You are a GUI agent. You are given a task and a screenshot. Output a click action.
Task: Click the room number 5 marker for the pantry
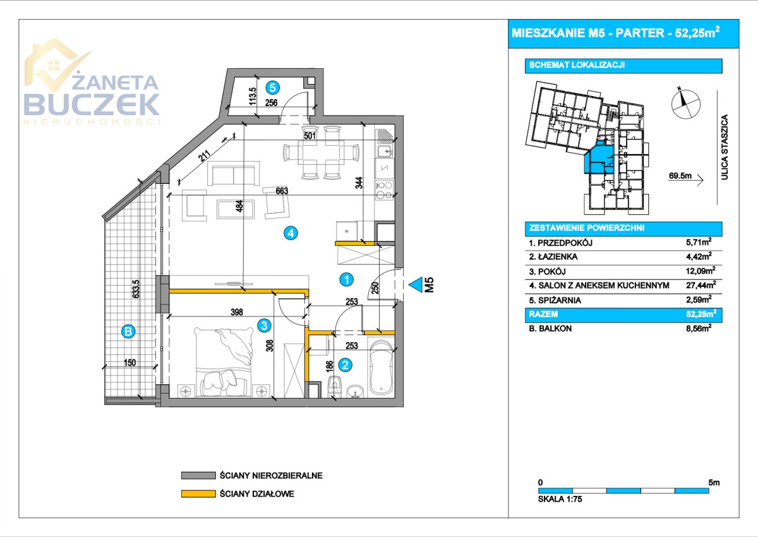[x=273, y=87]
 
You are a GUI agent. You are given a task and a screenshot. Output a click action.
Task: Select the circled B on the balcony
[x=128, y=330]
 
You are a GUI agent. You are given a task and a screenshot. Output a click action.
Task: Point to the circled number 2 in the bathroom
[x=345, y=364]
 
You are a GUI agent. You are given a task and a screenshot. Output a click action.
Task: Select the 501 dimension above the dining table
[x=310, y=134]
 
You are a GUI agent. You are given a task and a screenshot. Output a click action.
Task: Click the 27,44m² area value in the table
[x=700, y=286]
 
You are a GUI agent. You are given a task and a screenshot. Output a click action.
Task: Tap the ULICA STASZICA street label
[x=725, y=148]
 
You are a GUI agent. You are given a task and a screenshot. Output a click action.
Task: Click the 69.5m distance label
[x=680, y=176]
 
